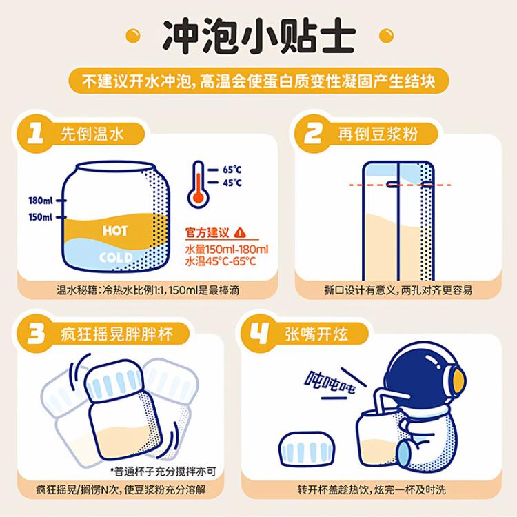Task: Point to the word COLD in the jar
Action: coord(115,258)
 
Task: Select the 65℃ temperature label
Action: coord(232,170)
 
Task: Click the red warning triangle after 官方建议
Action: coord(239,232)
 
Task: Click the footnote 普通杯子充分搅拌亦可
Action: coord(173,472)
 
